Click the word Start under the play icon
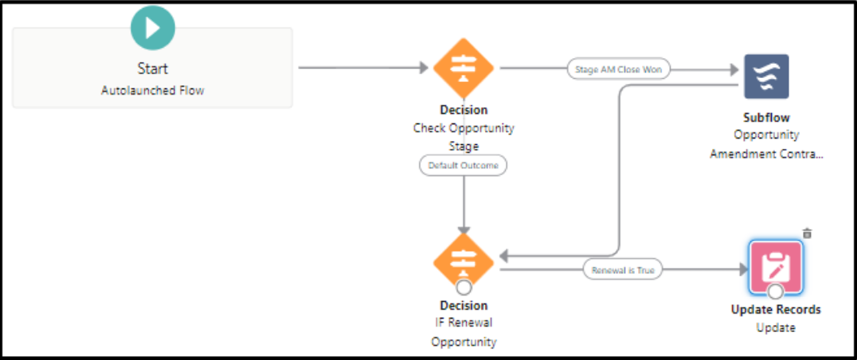click(153, 69)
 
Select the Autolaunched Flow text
click(153, 91)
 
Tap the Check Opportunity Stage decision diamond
click(464, 68)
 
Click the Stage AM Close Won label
click(618, 69)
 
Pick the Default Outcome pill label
click(464, 166)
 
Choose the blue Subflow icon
click(766, 76)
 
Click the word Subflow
click(766, 118)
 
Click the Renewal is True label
click(623, 271)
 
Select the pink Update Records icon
click(776, 267)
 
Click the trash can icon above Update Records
click(807, 233)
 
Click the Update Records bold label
click(776, 310)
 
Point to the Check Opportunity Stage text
click(464, 137)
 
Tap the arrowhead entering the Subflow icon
click(734, 69)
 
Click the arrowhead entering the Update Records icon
click(742, 271)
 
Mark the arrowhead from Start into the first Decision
click(424, 68)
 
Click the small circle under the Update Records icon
click(775, 292)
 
